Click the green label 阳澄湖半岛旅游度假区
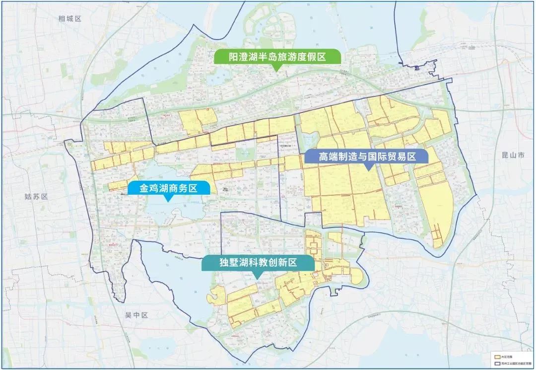277,57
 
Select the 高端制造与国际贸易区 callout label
367,156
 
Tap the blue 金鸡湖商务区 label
169,188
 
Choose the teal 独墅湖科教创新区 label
258,263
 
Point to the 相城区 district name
69,19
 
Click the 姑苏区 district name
36,196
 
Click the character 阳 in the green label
221,57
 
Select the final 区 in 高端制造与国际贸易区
409,156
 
